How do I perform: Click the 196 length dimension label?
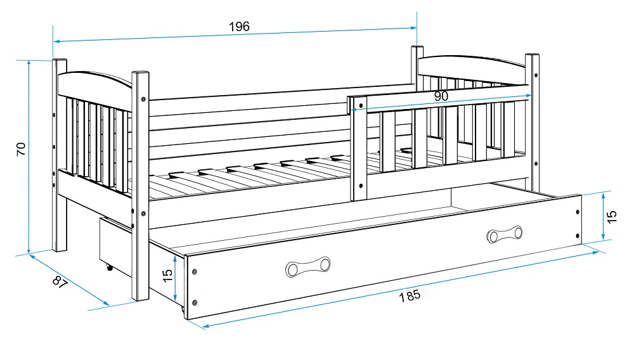click(x=239, y=26)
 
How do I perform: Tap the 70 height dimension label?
click(x=20, y=149)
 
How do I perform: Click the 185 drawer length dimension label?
click(x=410, y=296)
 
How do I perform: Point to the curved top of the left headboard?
click(x=95, y=79)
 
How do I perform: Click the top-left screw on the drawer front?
click(x=195, y=271)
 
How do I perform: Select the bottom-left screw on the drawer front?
click(x=195, y=302)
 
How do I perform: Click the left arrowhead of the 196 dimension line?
click(x=55, y=41)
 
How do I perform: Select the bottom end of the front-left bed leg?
click(x=140, y=297)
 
